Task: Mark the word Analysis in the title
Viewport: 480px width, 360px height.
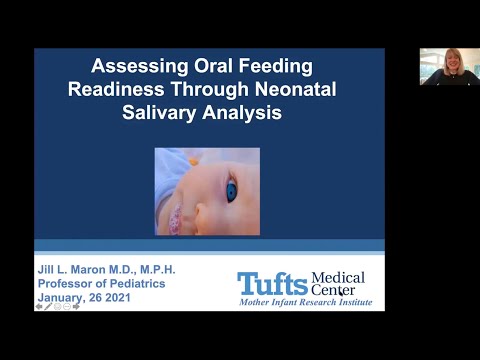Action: tap(246, 113)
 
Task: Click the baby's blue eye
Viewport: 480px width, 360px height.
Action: tap(231, 190)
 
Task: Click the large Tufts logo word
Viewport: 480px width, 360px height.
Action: tap(272, 282)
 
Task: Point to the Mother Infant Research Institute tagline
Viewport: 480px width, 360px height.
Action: tap(301, 302)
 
